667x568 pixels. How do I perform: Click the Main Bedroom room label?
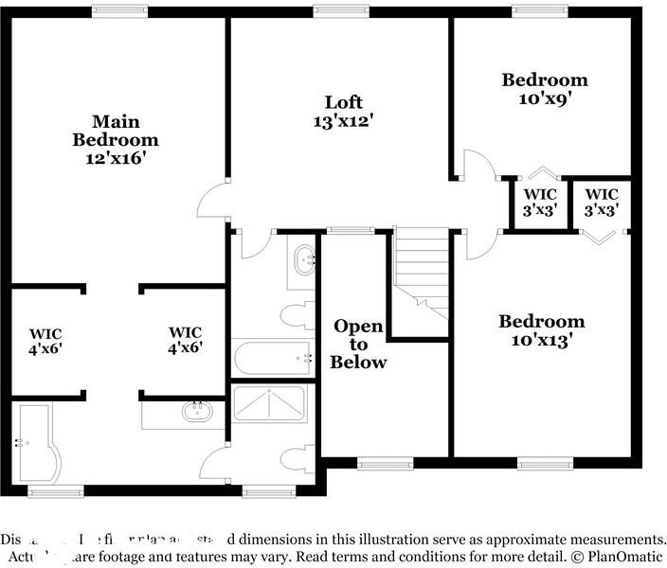click(116, 139)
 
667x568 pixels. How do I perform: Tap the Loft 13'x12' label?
click(343, 111)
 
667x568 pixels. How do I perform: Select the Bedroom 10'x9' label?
click(544, 88)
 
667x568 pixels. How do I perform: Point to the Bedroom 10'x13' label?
click(541, 330)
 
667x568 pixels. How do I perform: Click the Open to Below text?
click(358, 344)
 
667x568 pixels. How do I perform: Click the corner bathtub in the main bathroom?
click(38, 443)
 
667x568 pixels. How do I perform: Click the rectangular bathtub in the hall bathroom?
click(273, 358)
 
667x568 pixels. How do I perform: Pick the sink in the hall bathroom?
click(304, 258)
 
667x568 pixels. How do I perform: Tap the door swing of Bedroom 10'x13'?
click(480, 243)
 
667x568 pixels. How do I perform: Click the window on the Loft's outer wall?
click(341, 10)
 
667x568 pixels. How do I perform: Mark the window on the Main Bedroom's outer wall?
click(118, 10)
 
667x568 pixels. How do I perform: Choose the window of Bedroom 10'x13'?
click(545, 464)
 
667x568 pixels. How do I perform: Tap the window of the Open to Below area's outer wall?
click(386, 464)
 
